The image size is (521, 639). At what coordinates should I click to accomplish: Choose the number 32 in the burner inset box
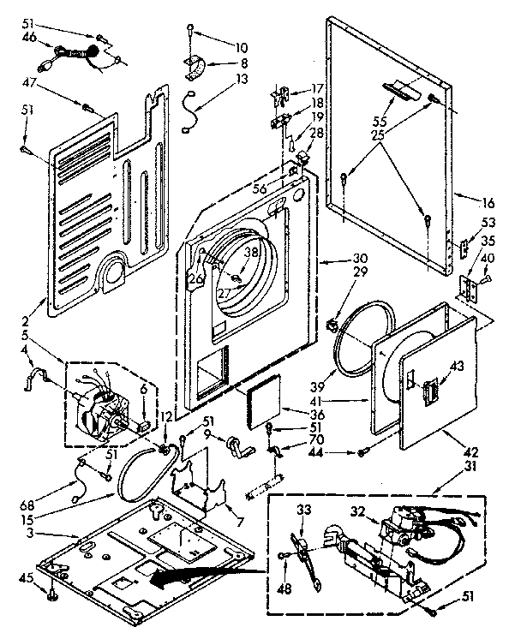pyautogui.click(x=358, y=514)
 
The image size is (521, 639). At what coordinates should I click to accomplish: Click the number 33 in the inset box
pyautogui.click(x=302, y=510)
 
